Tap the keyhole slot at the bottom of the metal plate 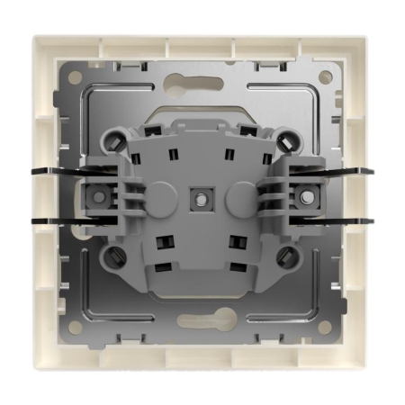click(202, 319)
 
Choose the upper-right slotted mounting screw click(290, 140)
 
